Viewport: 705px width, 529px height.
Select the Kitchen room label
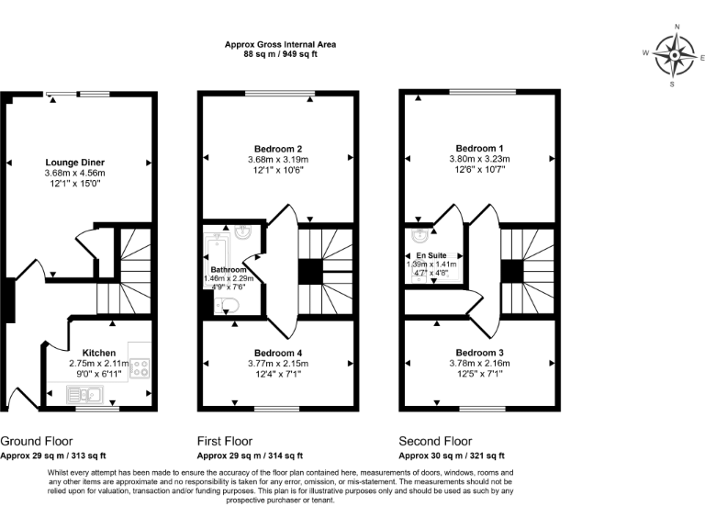pos(99,353)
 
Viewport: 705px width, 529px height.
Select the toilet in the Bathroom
pos(229,306)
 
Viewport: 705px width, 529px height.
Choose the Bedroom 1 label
pos(478,148)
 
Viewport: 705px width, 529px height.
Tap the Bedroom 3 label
pos(478,353)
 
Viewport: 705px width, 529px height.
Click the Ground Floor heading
pos(37,442)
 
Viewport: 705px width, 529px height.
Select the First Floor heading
pos(225,442)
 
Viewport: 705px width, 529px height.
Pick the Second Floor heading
pos(434,442)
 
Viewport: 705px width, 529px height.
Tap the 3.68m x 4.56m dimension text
pos(74,173)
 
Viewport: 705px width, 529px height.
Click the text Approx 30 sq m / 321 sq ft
pos(452,456)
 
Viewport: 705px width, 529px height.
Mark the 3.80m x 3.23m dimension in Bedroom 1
pos(478,159)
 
